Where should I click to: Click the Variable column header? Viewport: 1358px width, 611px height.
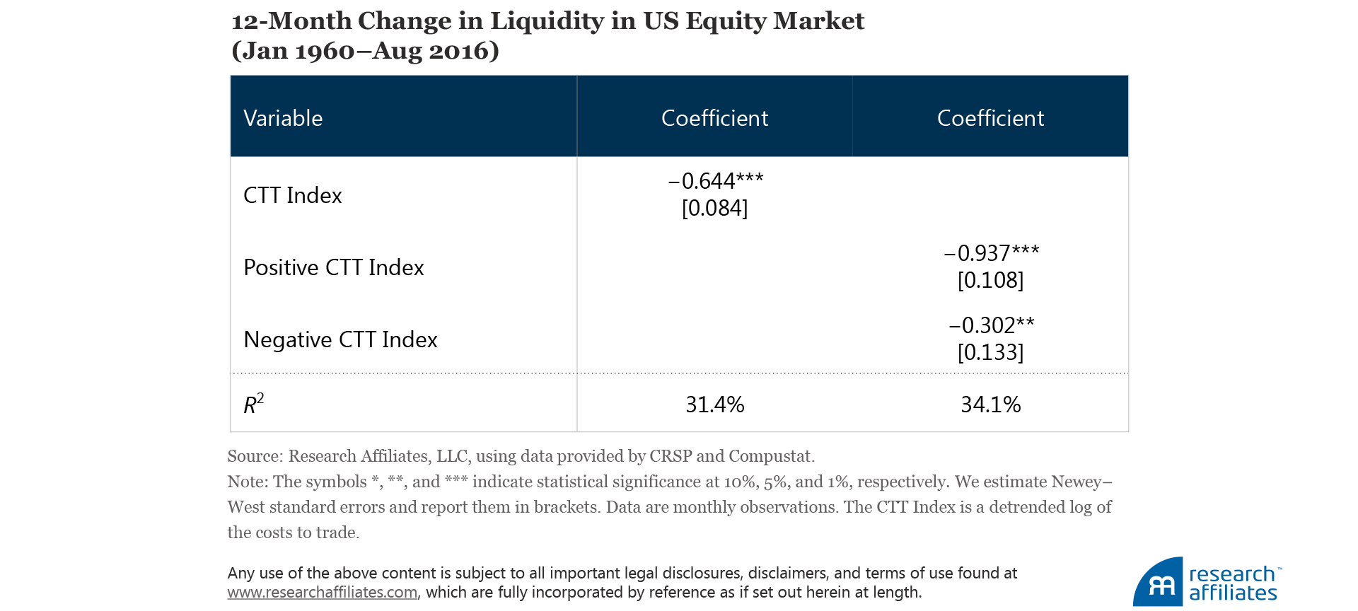(283, 118)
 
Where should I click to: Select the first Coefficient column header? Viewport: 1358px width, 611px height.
(714, 118)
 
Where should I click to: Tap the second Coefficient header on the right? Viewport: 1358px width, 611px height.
(990, 118)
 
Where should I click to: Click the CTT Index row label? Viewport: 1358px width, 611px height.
(292, 195)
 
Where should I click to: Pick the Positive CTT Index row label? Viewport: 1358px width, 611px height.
(333, 267)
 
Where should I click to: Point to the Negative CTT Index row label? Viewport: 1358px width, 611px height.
(340, 339)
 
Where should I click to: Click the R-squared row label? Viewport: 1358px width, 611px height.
(253, 404)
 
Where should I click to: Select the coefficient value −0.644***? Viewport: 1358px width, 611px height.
(715, 181)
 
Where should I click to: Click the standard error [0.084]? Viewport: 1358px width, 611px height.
(714, 208)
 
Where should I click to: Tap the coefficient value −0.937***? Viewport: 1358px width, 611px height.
(991, 253)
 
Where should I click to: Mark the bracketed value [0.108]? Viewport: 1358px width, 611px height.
(990, 280)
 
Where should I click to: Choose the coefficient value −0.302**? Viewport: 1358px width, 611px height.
(991, 325)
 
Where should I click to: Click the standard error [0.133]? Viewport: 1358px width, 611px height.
(990, 352)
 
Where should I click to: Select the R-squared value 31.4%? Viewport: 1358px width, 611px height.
(714, 405)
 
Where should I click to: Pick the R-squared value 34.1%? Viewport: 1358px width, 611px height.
(990, 405)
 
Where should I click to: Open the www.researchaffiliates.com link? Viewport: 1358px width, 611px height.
(323, 593)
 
